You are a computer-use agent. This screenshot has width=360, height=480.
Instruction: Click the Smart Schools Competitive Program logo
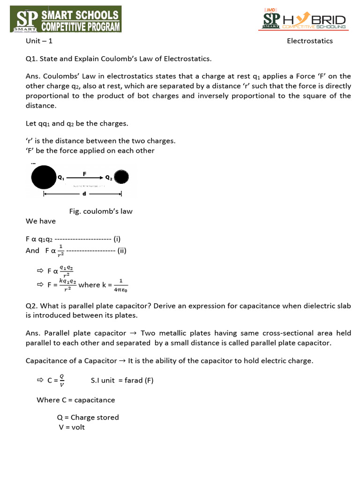coord(68,19)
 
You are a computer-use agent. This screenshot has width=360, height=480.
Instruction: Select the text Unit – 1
coord(39,41)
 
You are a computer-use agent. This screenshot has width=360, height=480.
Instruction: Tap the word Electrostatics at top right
coord(309,41)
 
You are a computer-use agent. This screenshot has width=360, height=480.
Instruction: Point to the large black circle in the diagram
coord(44,178)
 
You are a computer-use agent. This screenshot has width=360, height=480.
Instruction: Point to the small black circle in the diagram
coord(121,177)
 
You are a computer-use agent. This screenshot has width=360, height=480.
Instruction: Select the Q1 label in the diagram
coord(61,178)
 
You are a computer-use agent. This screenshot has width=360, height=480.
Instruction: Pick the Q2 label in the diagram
coord(108,178)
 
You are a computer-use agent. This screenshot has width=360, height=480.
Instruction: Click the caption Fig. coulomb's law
coord(101,211)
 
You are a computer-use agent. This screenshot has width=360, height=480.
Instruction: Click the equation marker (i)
coord(117,239)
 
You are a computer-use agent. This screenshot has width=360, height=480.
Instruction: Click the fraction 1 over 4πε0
coord(120,285)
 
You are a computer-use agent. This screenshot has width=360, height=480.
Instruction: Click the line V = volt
coord(71,427)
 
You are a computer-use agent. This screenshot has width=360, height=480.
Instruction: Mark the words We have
coord(41,221)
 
